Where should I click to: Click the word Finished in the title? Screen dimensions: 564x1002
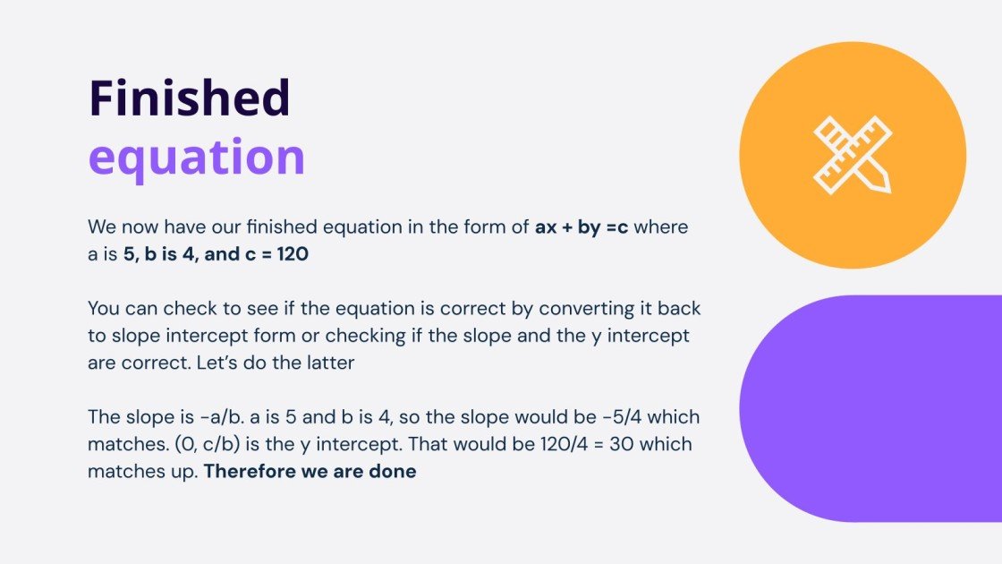189,98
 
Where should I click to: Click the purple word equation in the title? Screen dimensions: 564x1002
197,158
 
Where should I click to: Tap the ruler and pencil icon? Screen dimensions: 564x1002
853,155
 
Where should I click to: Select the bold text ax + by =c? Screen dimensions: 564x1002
582,227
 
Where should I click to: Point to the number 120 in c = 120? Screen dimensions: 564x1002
293,255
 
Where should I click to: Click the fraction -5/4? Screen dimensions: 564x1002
624,417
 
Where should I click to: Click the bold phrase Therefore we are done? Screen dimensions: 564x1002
310,471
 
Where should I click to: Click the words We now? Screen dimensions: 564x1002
122,227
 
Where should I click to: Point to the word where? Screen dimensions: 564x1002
662,227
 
